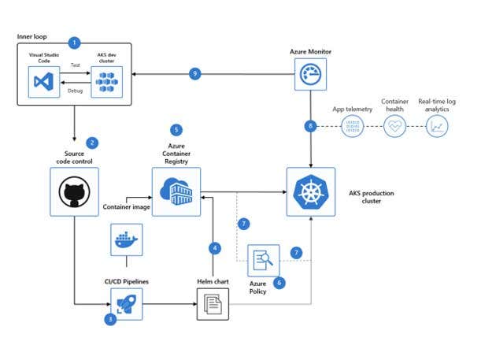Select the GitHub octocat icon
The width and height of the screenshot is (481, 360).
tap(74, 191)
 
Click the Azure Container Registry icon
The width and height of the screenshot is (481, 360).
tap(176, 191)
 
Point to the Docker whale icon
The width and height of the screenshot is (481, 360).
tap(124, 239)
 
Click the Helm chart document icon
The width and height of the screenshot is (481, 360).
tap(212, 302)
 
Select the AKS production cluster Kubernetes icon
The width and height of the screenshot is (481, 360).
tap(310, 191)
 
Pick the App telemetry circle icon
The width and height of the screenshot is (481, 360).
tap(354, 125)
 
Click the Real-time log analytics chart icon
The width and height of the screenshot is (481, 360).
tap(437, 125)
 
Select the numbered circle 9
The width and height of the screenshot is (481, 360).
tap(197, 74)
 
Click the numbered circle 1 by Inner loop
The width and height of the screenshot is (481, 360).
tap(75, 42)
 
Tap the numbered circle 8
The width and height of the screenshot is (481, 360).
tap(312, 125)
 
